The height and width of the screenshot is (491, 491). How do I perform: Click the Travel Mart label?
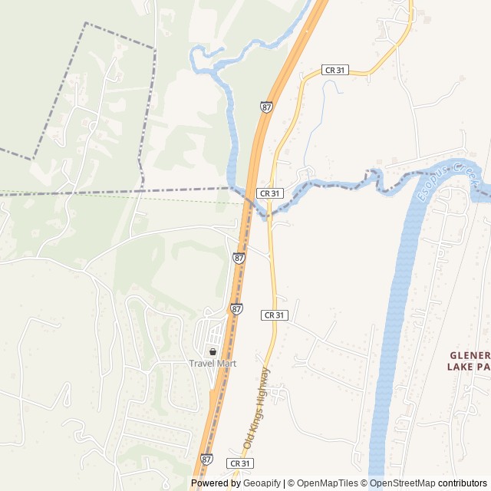213,363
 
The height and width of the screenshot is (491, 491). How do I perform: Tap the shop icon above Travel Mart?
213,351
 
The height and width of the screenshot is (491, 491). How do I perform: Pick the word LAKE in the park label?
460,367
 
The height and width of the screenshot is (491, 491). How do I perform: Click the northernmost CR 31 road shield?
336,70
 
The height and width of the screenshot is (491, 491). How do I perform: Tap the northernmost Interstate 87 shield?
266,107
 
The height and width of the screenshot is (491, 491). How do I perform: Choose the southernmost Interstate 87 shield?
206,459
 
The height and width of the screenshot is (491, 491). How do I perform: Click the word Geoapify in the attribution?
262,483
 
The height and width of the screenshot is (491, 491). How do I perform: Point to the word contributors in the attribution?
463,483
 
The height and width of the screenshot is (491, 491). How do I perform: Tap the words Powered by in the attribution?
216,483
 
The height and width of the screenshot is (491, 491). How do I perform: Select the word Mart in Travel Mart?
226,363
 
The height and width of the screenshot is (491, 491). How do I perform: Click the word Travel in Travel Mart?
202,363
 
